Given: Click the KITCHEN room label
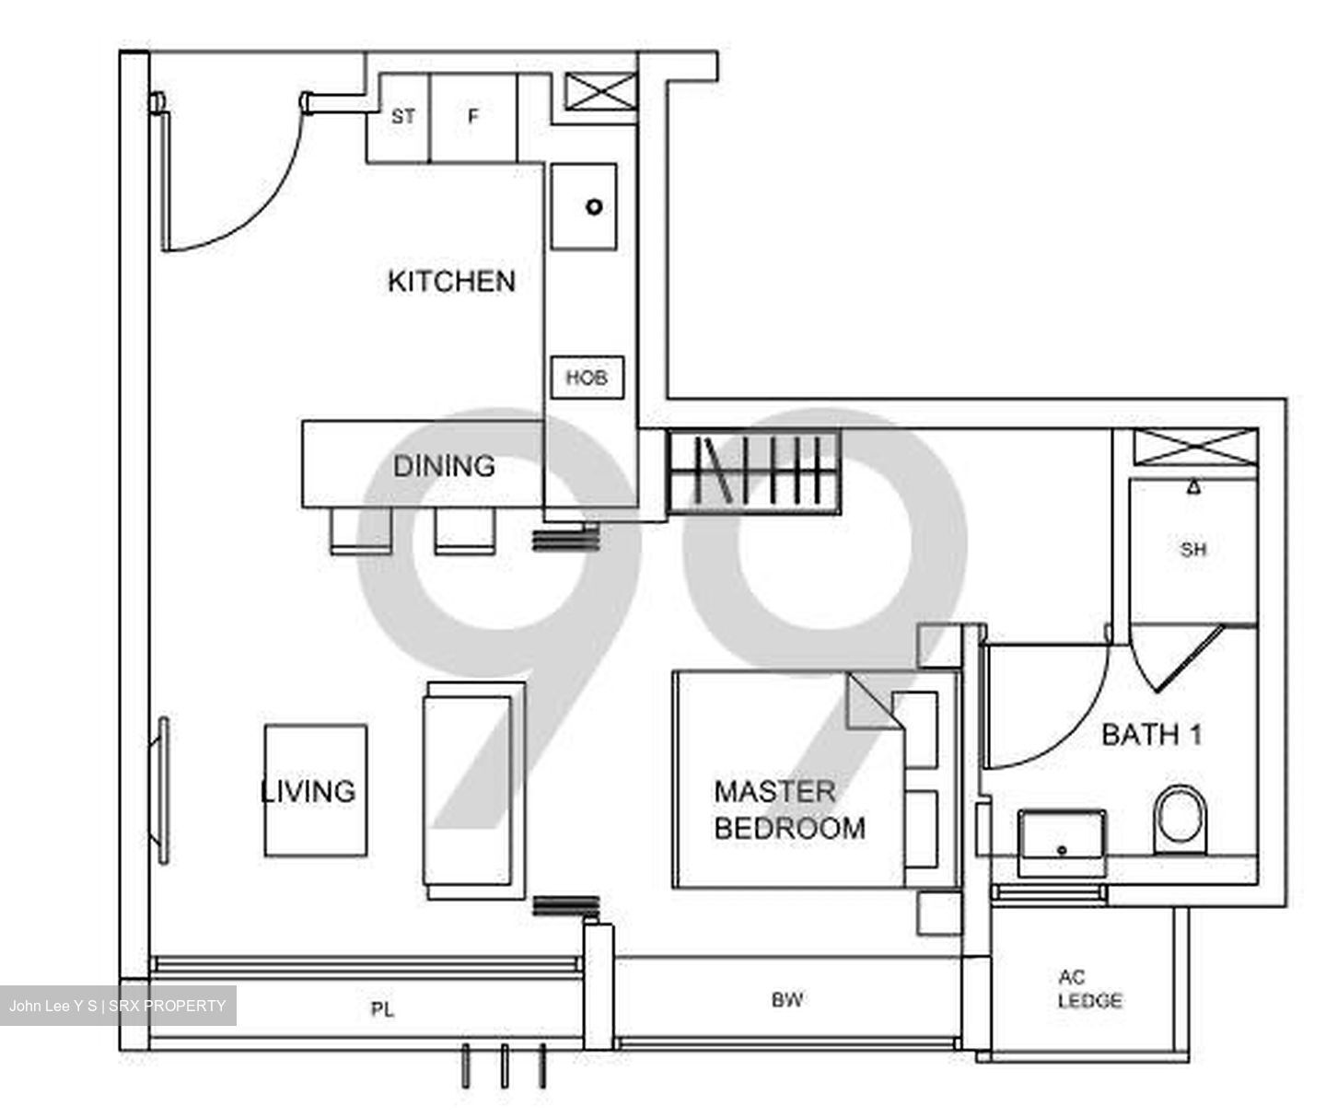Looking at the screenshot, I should tap(451, 281).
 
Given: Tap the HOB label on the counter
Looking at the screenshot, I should tap(587, 378).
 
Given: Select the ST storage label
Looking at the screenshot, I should tap(403, 117).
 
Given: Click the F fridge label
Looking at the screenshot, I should tap(473, 117).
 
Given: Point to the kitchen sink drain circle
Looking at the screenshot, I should tap(594, 206).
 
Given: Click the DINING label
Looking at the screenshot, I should tap(444, 466).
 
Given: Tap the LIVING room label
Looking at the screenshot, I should tap(308, 791).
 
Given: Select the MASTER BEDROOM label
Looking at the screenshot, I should tap(789, 809).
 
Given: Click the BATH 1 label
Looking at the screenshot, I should tap(1152, 735).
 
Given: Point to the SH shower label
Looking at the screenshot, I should tap(1192, 550).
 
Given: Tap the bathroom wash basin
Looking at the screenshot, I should tap(1062, 842).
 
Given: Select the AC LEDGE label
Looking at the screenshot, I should tap(1089, 989).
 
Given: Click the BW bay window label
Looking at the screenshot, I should tap(787, 999).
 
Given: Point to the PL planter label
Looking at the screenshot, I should tap(382, 1010).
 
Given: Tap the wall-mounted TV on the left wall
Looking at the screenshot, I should tap(164, 790).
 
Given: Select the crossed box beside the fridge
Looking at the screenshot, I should tap(600, 92).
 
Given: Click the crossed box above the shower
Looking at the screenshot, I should tap(1195, 447).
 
